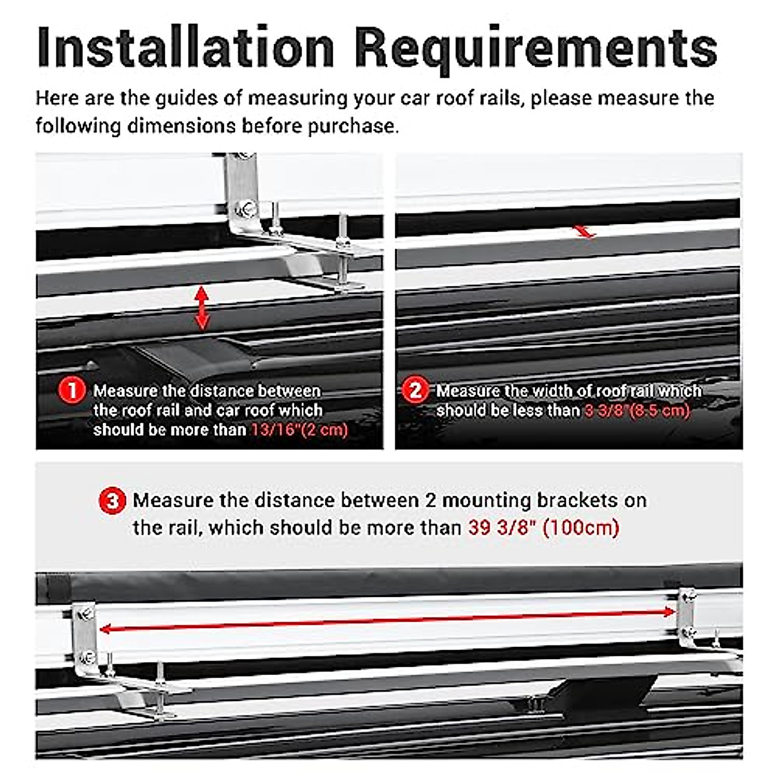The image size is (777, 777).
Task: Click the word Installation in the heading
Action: pyautogui.click(x=186, y=47)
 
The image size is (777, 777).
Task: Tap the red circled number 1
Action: pyautogui.click(x=72, y=390)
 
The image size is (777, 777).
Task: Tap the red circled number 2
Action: pyautogui.click(x=415, y=390)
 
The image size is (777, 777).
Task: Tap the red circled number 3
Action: pyautogui.click(x=112, y=501)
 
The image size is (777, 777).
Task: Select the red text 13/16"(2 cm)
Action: pyautogui.click(x=299, y=430)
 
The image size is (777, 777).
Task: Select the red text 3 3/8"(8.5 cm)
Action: pyautogui.click(x=637, y=411)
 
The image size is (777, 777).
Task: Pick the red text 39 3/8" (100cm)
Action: pyautogui.click(x=543, y=528)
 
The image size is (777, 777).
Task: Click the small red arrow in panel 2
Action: pyautogui.click(x=585, y=231)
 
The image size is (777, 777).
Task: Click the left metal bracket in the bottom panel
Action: pyautogui.click(x=85, y=631)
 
